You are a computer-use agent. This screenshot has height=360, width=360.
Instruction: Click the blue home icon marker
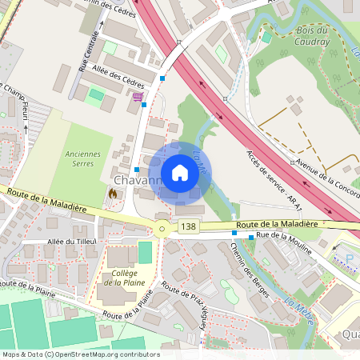(180, 173)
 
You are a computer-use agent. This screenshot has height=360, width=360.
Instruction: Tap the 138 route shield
(188, 227)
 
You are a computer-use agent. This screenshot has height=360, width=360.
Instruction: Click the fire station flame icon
(112, 193)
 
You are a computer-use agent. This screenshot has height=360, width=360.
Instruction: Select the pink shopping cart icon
(138, 98)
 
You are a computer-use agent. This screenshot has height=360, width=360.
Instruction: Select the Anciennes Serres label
(78, 158)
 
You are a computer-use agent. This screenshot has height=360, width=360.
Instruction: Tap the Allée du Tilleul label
(72, 242)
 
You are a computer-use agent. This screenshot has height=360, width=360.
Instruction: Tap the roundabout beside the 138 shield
(162, 229)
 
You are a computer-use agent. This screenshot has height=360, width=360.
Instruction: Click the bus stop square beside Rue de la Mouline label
(251, 237)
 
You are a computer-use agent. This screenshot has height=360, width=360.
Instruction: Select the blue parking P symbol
(350, 258)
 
